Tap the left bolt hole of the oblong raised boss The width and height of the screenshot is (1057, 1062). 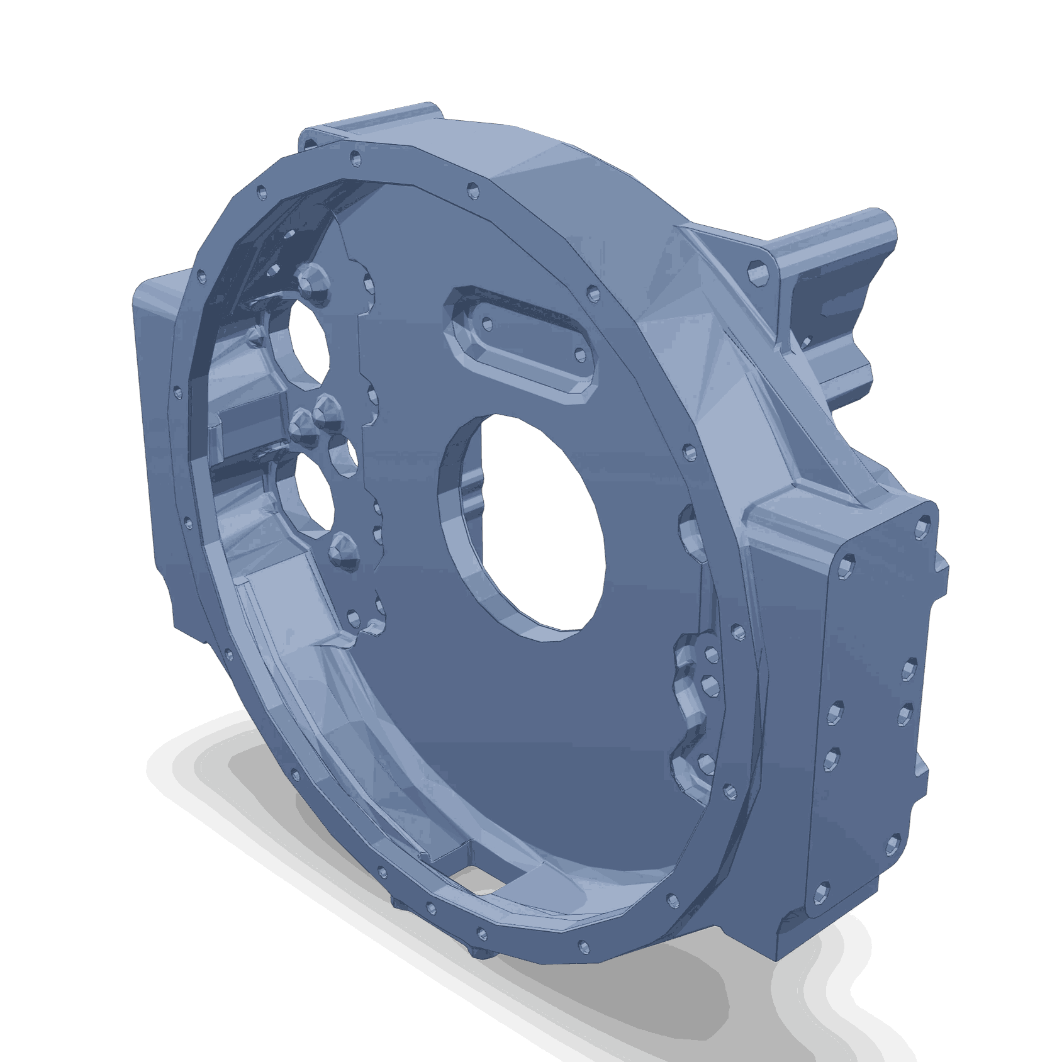tap(486, 323)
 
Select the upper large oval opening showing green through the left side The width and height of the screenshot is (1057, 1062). tap(310, 343)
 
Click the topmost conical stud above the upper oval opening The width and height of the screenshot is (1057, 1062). tap(312, 281)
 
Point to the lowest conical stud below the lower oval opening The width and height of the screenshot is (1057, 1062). tap(343, 551)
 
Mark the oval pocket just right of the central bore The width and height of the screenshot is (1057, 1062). tap(692, 532)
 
